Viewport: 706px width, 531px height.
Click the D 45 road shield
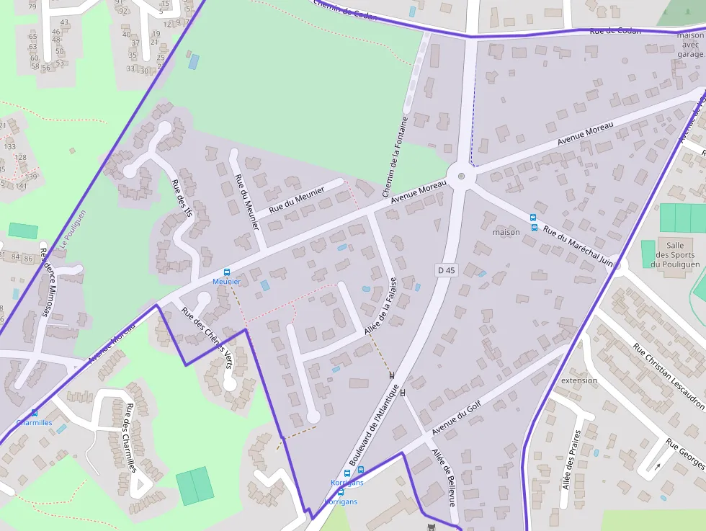[x=447, y=270]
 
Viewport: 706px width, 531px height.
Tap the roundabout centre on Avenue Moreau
[x=461, y=175]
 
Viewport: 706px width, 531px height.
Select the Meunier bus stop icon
[x=227, y=272]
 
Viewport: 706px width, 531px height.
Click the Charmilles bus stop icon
[x=35, y=413]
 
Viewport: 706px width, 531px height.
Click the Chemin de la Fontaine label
[x=395, y=157]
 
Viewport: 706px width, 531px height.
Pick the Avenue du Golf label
[x=456, y=419]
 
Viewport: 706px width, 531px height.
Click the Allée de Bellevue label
[x=443, y=478]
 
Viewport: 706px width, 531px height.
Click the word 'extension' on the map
[x=579, y=380]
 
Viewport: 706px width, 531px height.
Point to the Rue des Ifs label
[x=183, y=198]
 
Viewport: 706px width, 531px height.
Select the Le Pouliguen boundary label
[x=73, y=229]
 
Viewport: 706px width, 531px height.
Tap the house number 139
[x=30, y=177]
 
